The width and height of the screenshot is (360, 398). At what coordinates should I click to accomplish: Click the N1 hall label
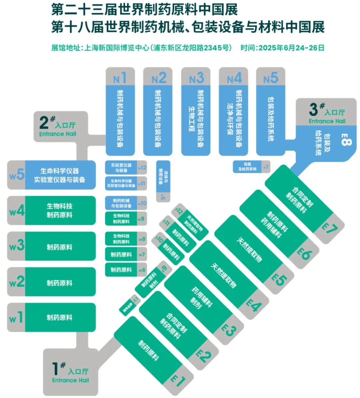(x=120, y=78)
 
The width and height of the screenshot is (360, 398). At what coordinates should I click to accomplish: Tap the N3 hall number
(x=196, y=78)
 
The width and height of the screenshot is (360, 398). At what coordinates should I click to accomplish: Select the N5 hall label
(x=270, y=78)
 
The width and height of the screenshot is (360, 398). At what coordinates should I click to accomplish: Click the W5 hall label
(x=17, y=175)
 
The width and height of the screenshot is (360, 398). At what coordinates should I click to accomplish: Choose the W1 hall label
(x=16, y=318)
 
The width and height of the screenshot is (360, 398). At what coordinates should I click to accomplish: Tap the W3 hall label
(x=17, y=246)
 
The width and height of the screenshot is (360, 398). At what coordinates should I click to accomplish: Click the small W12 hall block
(x=126, y=168)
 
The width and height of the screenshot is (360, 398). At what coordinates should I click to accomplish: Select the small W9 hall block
(x=126, y=219)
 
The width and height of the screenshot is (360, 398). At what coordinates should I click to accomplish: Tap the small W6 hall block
(x=126, y=270)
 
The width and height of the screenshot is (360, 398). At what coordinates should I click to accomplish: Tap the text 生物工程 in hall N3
(x=191, y=118)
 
